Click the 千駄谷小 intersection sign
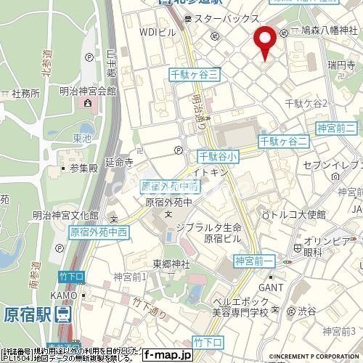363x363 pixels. click(x=218, y=156)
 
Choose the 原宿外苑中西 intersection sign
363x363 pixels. click(x=98, y=233)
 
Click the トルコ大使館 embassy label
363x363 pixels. click(x=301, y=215)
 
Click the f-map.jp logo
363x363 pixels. click(x=167, y=355)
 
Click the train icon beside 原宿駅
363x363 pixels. click(x=64, y=314)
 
